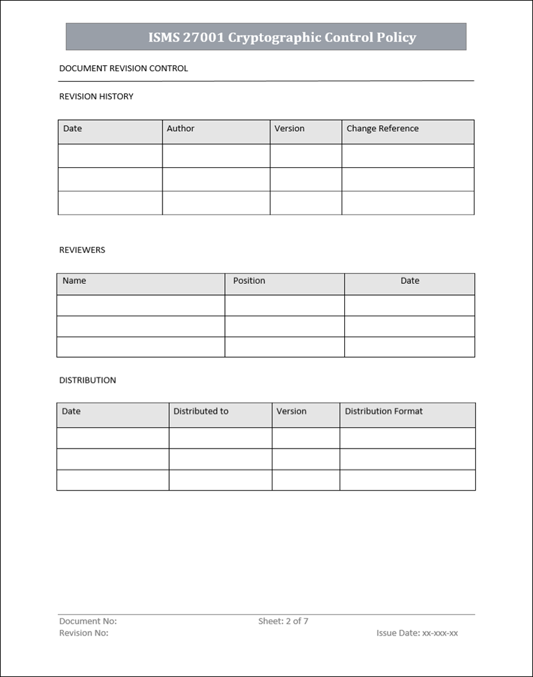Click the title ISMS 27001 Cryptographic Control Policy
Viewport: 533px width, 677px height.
[282, 38]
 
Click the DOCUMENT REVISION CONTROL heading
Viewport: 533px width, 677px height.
[124, 68]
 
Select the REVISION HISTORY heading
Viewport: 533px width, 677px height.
[96, 97]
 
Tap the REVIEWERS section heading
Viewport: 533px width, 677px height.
[82, 250]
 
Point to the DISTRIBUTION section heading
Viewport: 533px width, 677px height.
[88, 381]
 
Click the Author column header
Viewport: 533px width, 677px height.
[180, 129]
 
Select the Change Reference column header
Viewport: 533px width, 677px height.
[382, 129]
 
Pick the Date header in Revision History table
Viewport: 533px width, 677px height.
[72, 129]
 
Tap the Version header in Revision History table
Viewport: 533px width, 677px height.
[290, 129]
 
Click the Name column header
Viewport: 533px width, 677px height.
[74, 281]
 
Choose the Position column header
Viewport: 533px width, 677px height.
[249, 281]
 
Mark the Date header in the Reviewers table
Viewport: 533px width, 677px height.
[409, 281]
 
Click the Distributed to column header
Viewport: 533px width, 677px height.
[201, 412]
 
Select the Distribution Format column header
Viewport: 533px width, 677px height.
[384, 412]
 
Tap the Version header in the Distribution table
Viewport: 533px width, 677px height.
[292, 412]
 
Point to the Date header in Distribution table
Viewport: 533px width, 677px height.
[71, 412]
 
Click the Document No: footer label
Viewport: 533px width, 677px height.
[88, 622]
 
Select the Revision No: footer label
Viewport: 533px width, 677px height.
[84, 634]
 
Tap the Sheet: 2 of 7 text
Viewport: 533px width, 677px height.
[283, 622]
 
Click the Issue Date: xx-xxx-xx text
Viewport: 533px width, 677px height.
[417, 634]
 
